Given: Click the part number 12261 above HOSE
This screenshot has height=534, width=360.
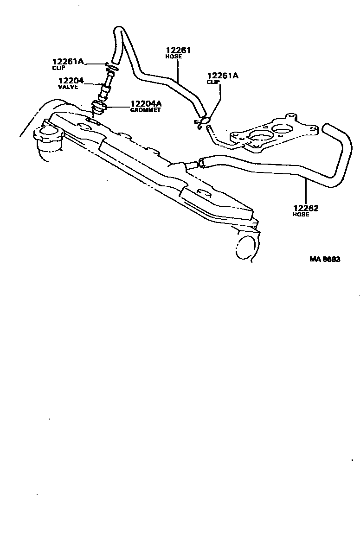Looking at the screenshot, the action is click(x=179, y=50).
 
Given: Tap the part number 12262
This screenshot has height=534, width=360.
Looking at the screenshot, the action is click(x=306, y=208).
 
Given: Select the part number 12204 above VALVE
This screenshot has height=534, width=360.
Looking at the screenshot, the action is click(x=71, y=81).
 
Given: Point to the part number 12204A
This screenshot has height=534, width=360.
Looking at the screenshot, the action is click(x=146, y=104).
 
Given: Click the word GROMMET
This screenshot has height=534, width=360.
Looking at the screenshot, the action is click(x=145, y=110).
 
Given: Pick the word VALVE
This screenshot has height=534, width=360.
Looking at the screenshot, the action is click(x=68, y=87).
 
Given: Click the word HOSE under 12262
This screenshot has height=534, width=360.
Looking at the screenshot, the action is click(x=301, y=215).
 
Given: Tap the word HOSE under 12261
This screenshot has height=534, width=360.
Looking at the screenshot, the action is click(x=174, y=57).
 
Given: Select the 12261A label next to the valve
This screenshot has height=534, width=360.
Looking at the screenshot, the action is click(x=68, y=61).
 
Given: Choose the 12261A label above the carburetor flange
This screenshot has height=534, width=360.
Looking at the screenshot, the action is click(x=223, y=75).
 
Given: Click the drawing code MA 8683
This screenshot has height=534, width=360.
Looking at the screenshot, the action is click(x=325, y=259).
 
